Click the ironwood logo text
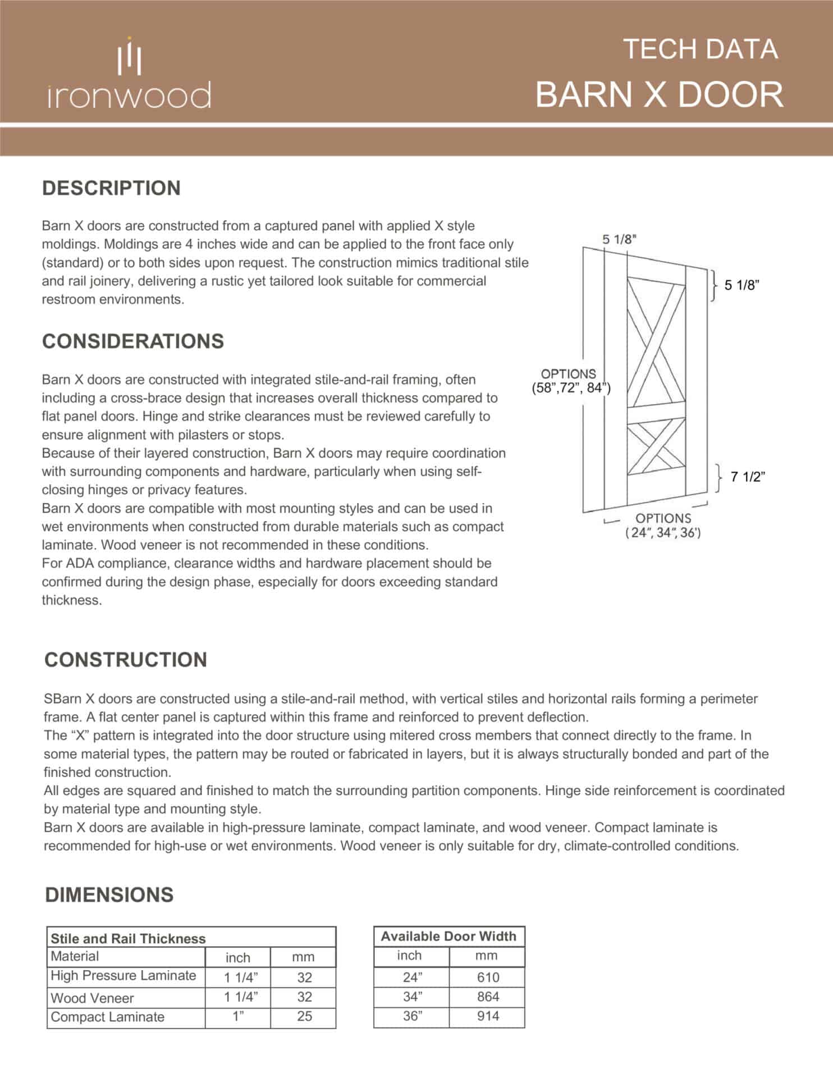click(129, 95)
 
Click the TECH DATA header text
click(700, 49)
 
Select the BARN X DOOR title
click(659, 94)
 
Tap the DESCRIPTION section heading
click(111, 188)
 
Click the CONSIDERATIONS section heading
click(133, 341)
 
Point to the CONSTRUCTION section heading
click(126, 660)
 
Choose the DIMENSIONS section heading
click(109, 895)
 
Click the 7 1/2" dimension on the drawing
click(748, 477)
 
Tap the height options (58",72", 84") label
click(570, 381)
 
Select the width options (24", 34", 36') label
click(663, 526)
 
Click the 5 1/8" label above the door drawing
click(620, 239)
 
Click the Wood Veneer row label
click(93, 998)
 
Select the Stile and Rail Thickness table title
click(129, 939)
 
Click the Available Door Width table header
click(448, 936)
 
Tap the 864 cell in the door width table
click(488, 997)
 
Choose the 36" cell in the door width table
click(413, 1016)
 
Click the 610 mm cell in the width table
click(488, 977)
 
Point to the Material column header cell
click(75, 956)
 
